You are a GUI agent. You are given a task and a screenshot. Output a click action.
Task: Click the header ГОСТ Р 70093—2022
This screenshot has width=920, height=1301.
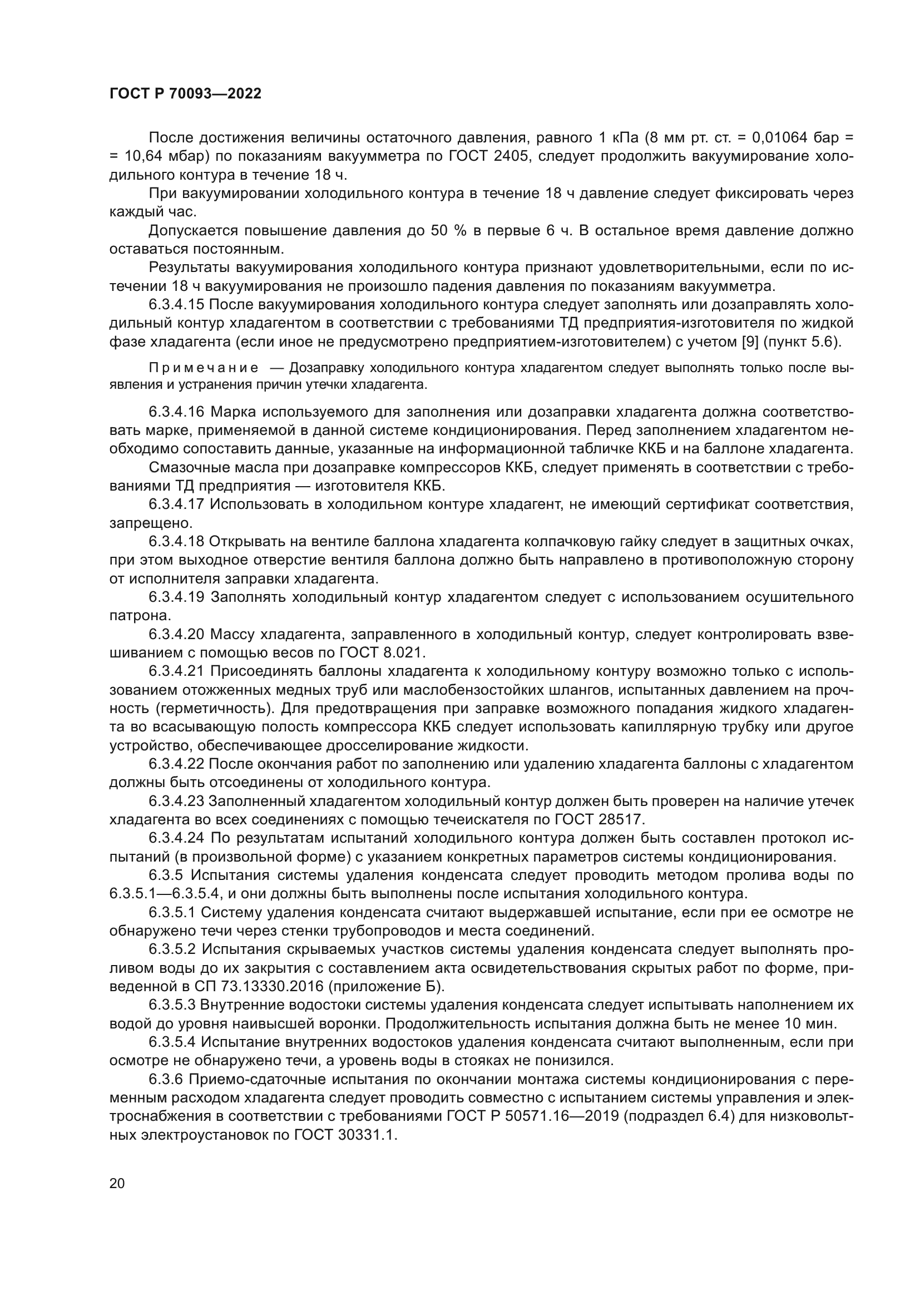tap(185, 94)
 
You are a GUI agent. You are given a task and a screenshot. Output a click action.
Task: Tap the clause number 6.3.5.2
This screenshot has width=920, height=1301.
tap(172, 949)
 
